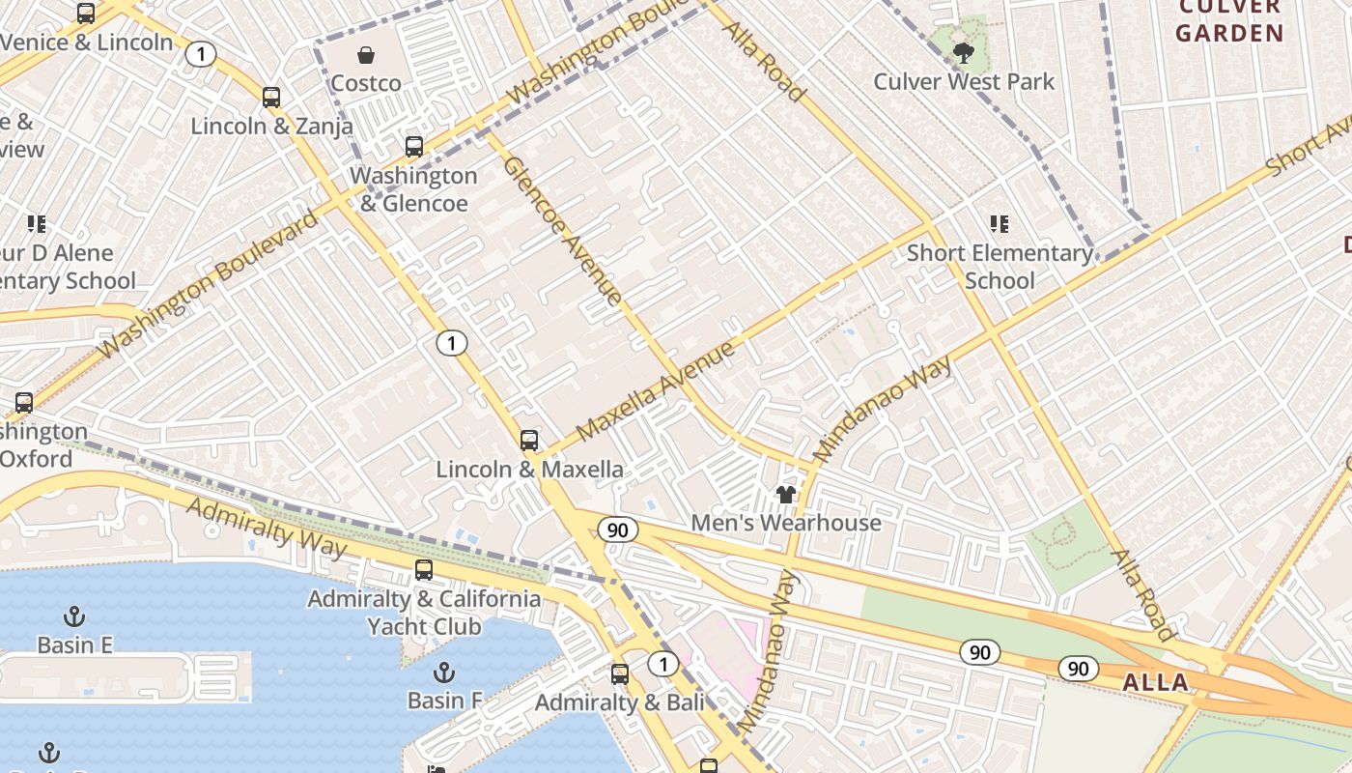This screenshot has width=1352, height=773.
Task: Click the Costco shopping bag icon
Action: [x=366, y=55]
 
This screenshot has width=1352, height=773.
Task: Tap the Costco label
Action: [x=366, y=83]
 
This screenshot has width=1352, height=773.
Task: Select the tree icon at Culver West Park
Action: [x=963, y=52]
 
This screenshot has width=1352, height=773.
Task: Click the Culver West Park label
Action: [x=964, y=81]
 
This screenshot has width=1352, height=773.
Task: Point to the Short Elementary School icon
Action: [x=1000, y=224]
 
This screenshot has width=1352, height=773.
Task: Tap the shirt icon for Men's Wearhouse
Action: [x=786, y=495]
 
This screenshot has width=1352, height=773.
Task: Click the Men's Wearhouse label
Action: [x=786, y=523]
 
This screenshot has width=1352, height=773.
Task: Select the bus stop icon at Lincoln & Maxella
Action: [x=529, y=441]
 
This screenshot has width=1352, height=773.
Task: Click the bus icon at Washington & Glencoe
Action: [x=414, y=147]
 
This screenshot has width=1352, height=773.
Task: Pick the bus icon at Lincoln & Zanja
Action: [x=271, y=98]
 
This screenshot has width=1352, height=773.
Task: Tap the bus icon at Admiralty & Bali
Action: [x=620, y=674]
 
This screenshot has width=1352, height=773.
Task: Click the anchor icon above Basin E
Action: [x=74, y=616]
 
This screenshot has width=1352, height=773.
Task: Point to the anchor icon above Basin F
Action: [x=444, y=671]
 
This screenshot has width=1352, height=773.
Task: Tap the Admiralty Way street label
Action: [x=267, y=528]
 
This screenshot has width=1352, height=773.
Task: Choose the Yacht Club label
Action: [x=424, y=626]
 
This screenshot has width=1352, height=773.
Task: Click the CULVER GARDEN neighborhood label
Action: [x=1229, y=21]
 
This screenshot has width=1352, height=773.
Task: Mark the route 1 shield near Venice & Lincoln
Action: [x=200, y=54]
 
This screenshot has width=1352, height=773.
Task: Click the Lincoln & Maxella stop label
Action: [x=529, y=470]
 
